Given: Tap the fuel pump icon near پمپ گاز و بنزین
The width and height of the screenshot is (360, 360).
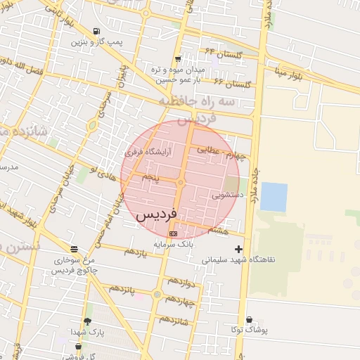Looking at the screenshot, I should [x=96, y=32].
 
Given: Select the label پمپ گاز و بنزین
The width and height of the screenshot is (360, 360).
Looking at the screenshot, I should [x=96, y=43].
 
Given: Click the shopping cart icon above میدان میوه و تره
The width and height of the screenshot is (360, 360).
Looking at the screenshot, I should [x=178, y=59].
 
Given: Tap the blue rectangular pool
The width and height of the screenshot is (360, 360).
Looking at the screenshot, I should [x=274, y=197].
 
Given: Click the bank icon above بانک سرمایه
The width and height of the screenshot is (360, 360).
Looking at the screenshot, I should [x=173, y=233].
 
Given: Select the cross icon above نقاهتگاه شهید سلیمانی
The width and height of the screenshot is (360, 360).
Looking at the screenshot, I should [x=239, y=249].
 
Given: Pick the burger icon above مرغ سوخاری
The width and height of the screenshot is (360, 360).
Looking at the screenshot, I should [x=75, y=249].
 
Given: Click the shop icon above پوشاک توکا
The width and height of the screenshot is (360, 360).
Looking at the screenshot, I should [x=250, y=319].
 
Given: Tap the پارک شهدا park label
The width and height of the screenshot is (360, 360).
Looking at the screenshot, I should [x=88, y=331].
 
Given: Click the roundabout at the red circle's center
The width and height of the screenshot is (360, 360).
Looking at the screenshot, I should [x=180, y=183].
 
